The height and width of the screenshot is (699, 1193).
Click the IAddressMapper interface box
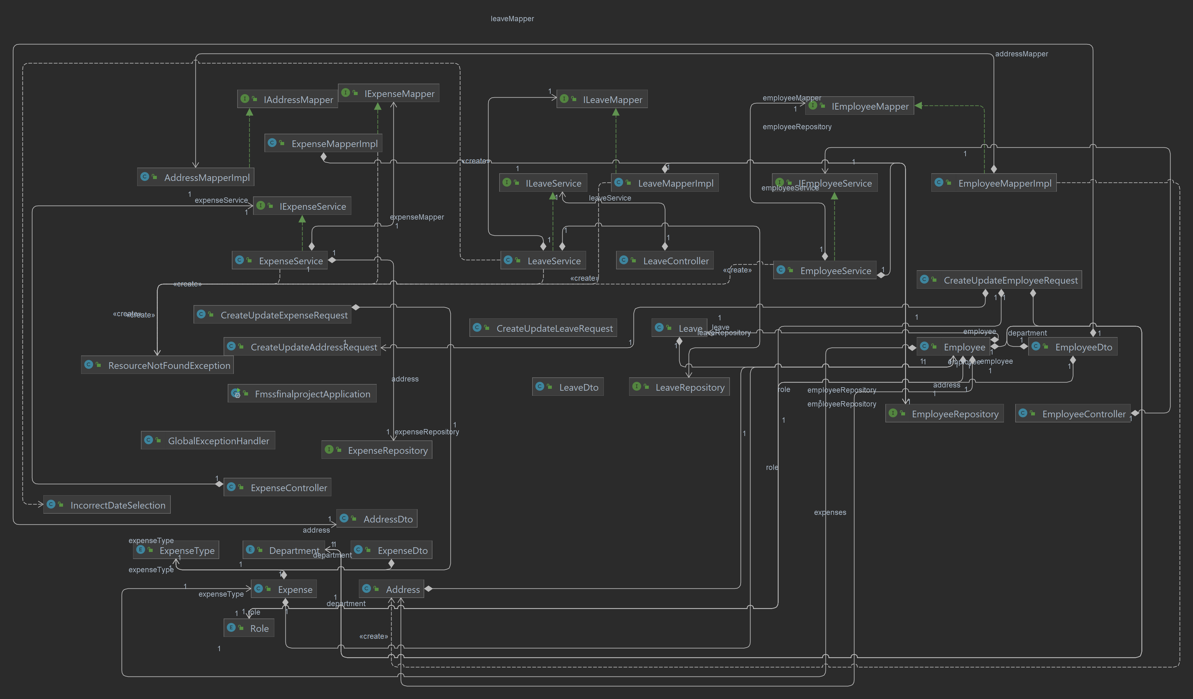[x=287, y=99]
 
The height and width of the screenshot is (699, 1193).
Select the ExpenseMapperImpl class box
[x=323, y=144]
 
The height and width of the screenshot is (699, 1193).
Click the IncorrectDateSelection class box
[x=107, y=505]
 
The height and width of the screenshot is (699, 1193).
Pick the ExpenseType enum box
[x=176, y=551]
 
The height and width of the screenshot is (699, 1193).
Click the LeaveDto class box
[x=568, y=388]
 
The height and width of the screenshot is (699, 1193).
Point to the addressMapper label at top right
[x=1021, y=54]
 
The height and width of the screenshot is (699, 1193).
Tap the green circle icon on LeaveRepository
[x=637, y=387]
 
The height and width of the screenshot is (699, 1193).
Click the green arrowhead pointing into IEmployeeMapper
[x=918, y=106]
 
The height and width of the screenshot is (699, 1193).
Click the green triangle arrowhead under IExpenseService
[x=302, y=219]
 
